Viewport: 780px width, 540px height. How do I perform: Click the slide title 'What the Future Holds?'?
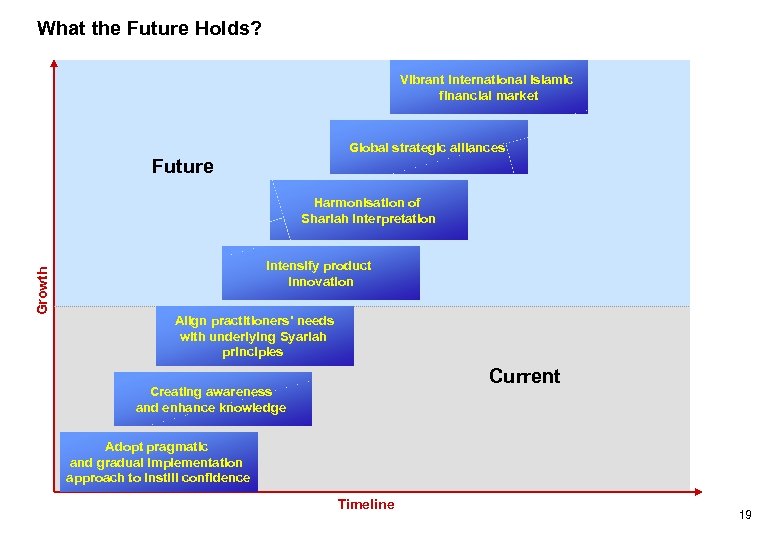pyautogui.click(x=149, y=28)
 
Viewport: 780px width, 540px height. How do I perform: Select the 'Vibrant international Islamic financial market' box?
pyautogui.click(x=488, y=87)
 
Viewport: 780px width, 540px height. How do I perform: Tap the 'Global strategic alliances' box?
pyautogui.click(x=428, y=147)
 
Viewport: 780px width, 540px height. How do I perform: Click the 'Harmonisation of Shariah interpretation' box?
pyautogui.click(x=368, y=210)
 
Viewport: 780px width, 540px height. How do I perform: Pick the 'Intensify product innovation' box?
pyautogui.click(x=320, y=273)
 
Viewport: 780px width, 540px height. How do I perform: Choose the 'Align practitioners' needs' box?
pyautogui.click(x=254, y=336)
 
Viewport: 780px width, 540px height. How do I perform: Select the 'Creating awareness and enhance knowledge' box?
pyautogui.click(x=212, y=399)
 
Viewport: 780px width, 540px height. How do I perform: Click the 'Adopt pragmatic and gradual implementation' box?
pyautogui.click(x=158, y=462)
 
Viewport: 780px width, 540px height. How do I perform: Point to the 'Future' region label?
pyautogui.click(x=182, y=167)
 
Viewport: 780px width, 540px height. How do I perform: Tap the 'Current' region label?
pyautogui.click(x=524, y=376)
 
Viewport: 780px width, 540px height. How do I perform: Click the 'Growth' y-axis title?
pyautogui.click(x=42, y=290)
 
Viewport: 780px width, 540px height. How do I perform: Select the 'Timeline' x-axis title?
pyautogui.click(x=366, y=505)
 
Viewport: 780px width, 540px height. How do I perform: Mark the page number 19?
pyautogui.click(x=745, y=515)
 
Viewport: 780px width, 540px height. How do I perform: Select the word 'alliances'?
pyautogui.click(x=478, y=148)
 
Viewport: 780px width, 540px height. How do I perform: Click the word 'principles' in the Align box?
pyautogui.click(x=253, y=352)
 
